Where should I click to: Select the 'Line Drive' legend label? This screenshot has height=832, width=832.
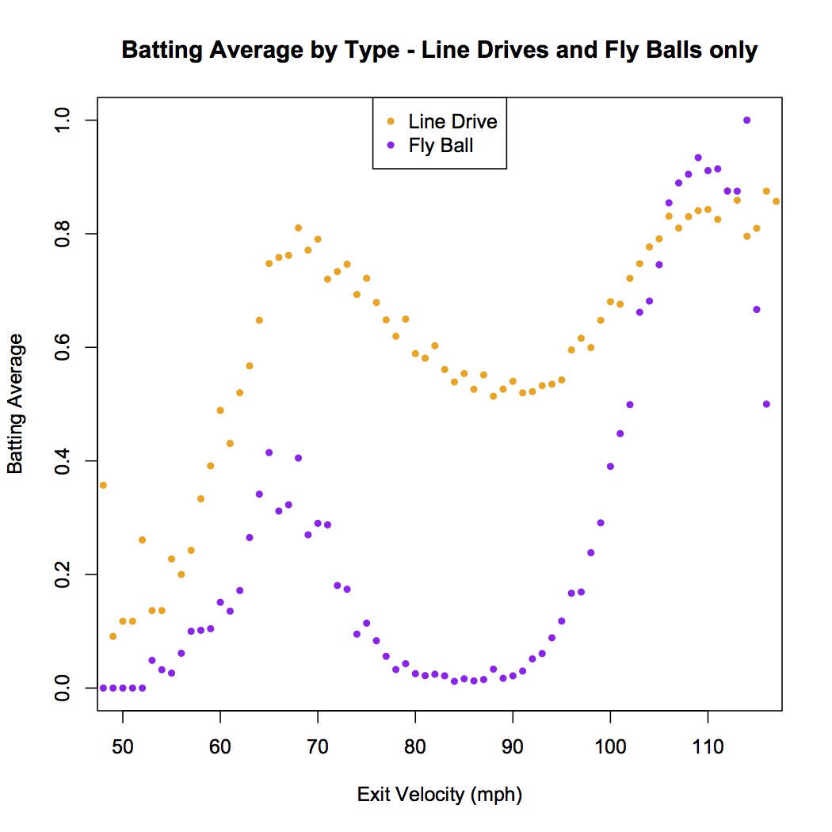pyautogui.click(x=452, y=122)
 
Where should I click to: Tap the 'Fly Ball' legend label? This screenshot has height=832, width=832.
pyautogui.click(x=441, y=146)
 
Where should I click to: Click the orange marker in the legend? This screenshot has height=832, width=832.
pyautogui.click(x=389, y=122)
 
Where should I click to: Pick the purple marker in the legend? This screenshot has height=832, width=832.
pyautogui.click(x=389, y=146)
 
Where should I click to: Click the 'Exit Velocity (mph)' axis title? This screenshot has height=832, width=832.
pyautogui.click(x=440, y=795)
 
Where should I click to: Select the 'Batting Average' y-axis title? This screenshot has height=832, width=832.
pyautogui.click(x=15, y=404)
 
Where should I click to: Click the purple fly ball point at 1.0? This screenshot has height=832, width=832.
pyautogui.click(x=746, y=120)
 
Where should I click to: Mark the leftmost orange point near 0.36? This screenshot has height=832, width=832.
pyautogui.click(x=103, y=485)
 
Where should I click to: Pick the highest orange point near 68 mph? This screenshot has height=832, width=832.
pyautogui.click(x=299, y=228)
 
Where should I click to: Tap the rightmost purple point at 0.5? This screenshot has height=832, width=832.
pyautogui.click(x=766, y=404)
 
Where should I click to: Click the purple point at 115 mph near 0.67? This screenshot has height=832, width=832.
pyautogui.click(x=757, y=309)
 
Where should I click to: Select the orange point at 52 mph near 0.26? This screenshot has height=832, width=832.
pyautogui.click(x=142, y=540)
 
